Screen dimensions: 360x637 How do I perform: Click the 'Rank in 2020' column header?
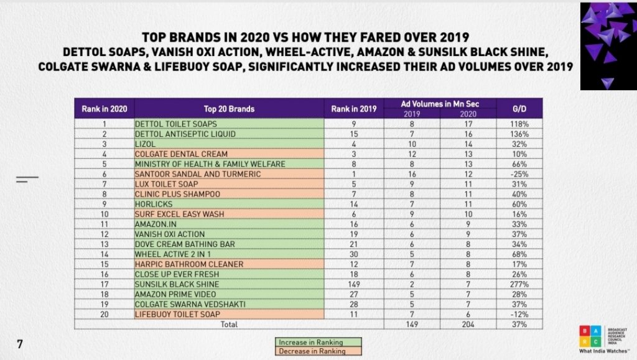[105, 109]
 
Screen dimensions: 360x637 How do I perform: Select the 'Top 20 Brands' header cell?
[229, 109]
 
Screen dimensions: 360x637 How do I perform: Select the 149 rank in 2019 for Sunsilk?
[354, 284]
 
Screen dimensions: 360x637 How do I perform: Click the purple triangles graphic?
[606, 44]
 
